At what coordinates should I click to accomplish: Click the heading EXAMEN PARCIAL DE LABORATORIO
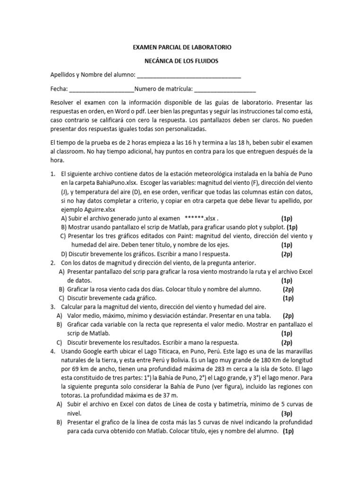181,48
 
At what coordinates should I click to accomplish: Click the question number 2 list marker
52,262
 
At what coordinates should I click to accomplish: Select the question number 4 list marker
52,351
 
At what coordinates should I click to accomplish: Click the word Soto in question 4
279,369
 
